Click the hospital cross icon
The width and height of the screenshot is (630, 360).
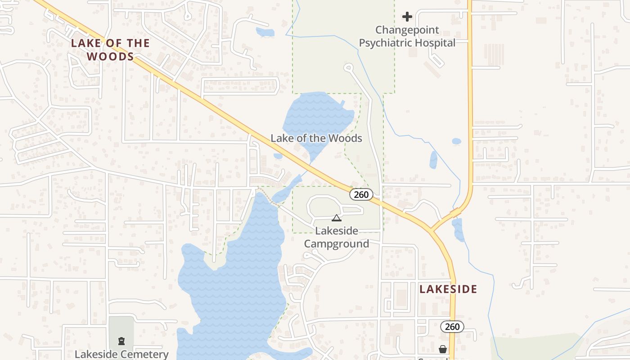(407, 17)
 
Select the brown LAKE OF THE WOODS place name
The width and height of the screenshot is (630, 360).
(110, 49)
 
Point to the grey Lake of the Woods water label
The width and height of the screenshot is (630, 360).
(316, 138)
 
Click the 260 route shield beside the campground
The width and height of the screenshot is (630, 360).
(361, 194)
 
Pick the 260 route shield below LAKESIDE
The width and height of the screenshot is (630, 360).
(452, 327)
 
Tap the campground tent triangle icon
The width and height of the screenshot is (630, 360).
(336, 218)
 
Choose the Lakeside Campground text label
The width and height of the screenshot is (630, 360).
(337, 237)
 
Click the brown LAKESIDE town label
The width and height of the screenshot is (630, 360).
(448, 289)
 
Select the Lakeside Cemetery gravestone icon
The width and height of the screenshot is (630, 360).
(121, 341)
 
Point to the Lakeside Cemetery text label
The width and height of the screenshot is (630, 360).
(121, 354)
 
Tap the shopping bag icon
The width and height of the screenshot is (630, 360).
(443, 349)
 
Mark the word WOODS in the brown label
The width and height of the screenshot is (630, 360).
(110, 56)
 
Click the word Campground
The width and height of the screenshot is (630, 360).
(337, 244)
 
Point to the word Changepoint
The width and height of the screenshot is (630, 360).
(407, 30)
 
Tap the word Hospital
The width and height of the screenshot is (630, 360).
(435, 43)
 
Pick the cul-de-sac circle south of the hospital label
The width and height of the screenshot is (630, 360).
(348, 67)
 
